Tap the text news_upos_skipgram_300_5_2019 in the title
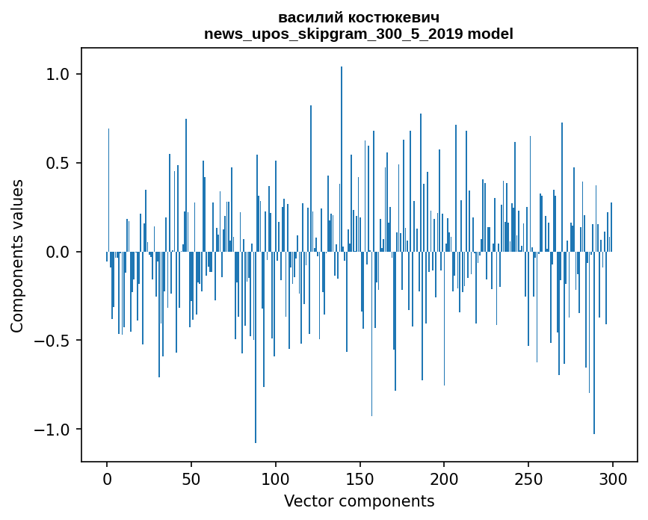click(333, 34)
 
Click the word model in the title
click(490, 34)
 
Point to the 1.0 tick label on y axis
click(58, 75)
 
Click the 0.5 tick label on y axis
click(58, 163)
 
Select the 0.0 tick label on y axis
click(58, 252)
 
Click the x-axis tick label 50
click(191, 480)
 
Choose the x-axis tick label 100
click(275, 480)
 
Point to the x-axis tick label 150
click(360, 480)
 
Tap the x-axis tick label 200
click(444, 480)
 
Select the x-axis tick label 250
click(528, 480)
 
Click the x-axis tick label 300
click(612, 480)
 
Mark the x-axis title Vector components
click(359, 501)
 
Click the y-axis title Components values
click(17, 256)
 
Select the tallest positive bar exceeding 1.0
click(342, 159)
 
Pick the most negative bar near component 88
click(256, 347)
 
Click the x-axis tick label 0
click(107, 480)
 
